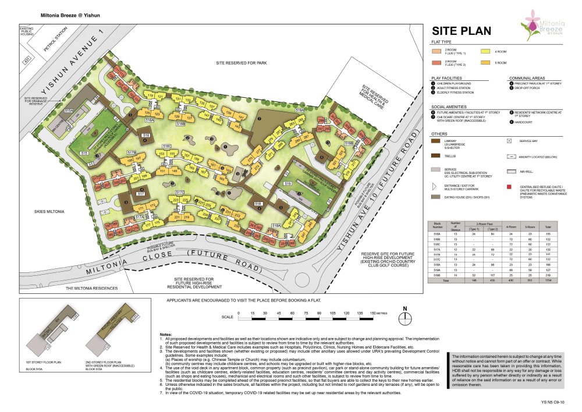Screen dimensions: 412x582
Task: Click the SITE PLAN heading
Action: point(460,31)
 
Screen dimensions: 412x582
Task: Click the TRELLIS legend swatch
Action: point(435,156)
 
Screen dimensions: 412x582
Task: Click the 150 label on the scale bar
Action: point(373,313)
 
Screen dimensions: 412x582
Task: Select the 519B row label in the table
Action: point(438,275)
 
